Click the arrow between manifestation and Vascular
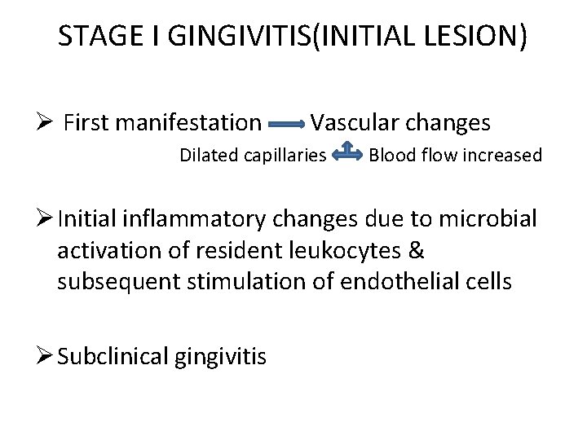pos(286,124)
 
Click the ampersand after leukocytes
pos(415,250)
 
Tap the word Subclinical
pos(114,355)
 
